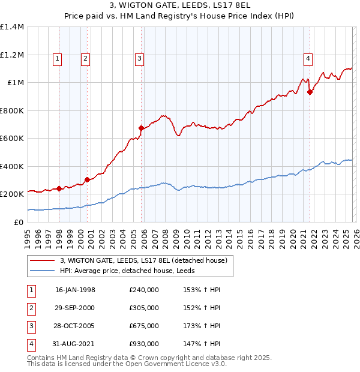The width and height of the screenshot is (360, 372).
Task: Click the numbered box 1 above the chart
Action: pyautogui.click(x=57, y=59)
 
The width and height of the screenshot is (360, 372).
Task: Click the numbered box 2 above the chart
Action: pyautogui.click(x=85, y=59)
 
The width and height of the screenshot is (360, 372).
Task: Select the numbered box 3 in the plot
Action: pyautogui.click(x=139, y=59)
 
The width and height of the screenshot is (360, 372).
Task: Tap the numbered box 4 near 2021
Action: pyautogui.click(x=307, y=59)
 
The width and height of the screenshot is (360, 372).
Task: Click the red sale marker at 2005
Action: pyautogui.click(x=141, y=128)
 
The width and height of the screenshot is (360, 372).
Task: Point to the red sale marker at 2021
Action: pyautogui.click(x=310, y=92)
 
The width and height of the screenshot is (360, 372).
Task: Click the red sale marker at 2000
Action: pyautogui.click(x=88, y=179)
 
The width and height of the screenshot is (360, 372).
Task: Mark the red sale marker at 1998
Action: pyautogui.click(x=59, y=188)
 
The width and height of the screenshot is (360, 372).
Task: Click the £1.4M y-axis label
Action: pyautogui.click(x=12, y=27)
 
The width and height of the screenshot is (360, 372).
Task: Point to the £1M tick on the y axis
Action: pyautogui.click(x=15, y=83)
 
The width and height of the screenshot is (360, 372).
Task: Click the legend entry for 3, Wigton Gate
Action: pyautogui.click(x=143, y=260)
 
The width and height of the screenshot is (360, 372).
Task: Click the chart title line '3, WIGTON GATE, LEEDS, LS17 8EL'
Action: pyautogui.click(x=180, y=7)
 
